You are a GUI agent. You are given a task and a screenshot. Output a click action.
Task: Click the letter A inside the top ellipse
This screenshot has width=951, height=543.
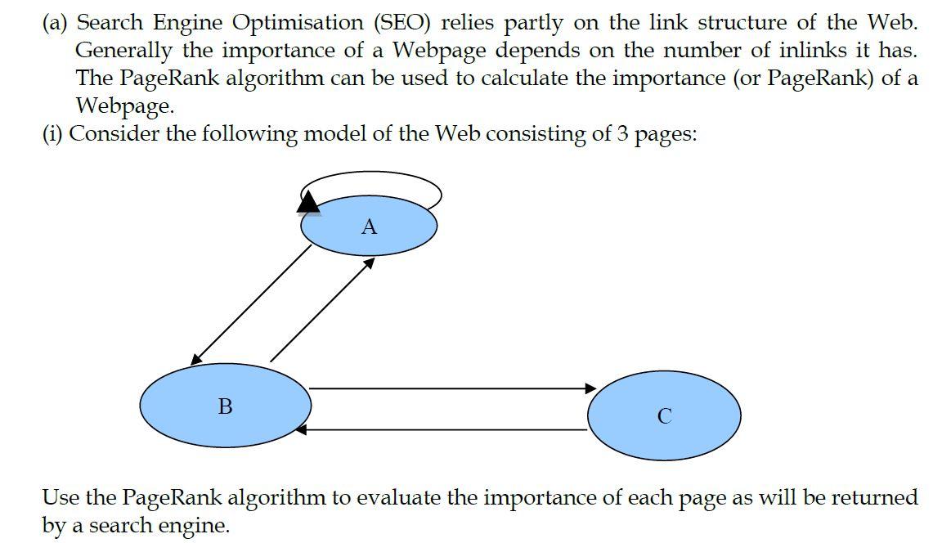369,227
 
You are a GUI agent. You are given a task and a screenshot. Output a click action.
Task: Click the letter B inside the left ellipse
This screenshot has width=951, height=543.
226,406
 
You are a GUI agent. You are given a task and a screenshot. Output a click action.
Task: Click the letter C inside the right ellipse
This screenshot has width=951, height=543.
664,416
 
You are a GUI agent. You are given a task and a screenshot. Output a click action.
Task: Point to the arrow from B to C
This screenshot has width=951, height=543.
450,388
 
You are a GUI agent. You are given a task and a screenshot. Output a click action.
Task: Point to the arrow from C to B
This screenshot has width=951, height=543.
442,429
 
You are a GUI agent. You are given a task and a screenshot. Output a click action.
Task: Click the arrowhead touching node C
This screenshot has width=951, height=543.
591,388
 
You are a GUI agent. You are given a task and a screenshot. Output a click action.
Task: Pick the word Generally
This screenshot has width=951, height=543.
123,51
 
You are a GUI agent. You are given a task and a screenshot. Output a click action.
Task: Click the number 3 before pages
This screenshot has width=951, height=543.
622,134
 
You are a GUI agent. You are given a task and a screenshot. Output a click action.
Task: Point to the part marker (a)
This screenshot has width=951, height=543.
56,22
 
